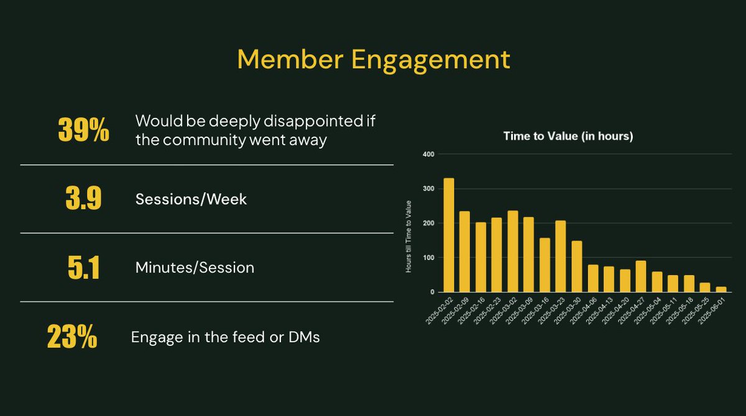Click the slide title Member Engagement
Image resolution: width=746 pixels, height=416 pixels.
373,60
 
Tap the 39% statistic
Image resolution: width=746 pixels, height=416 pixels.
83,130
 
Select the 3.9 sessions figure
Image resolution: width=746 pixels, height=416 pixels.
83,199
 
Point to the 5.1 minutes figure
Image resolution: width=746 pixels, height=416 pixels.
83,268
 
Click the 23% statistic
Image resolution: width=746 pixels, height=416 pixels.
72,338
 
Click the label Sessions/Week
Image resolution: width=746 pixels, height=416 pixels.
191,199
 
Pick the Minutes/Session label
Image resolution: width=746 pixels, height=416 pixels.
195,268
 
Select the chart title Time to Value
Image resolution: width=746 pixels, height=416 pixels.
568,137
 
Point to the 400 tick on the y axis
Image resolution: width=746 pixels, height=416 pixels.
427,154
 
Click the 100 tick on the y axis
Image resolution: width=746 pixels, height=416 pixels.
427,258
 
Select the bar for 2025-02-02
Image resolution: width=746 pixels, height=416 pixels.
448,235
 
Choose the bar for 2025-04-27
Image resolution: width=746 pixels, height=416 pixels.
641,276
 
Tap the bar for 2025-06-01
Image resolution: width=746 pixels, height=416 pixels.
721,289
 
